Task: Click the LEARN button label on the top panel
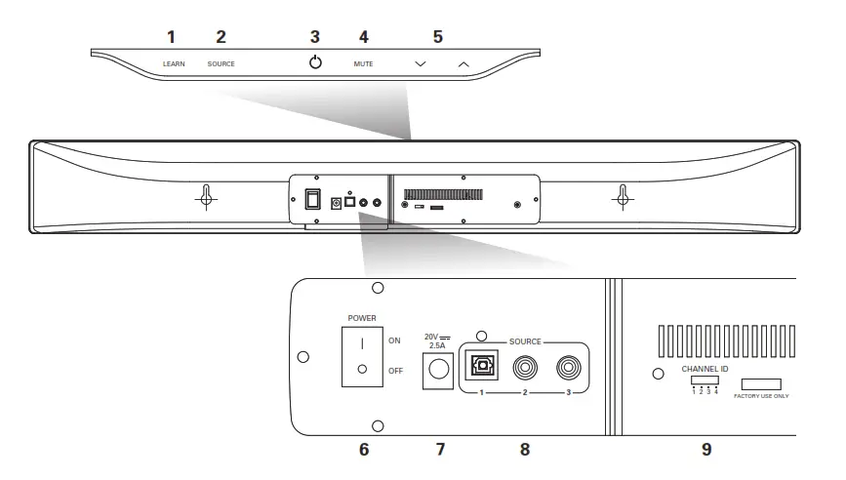[174, 63]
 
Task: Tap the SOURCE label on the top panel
[221, 63]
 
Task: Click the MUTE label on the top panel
[363, 63]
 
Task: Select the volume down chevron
[420, 63]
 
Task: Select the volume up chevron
[463, 63]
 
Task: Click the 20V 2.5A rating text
[436, 340]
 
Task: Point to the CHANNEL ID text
[704, 369]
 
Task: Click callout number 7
[439, 450]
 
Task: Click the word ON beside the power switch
[395, 341]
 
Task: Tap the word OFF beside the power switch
[396, 371]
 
